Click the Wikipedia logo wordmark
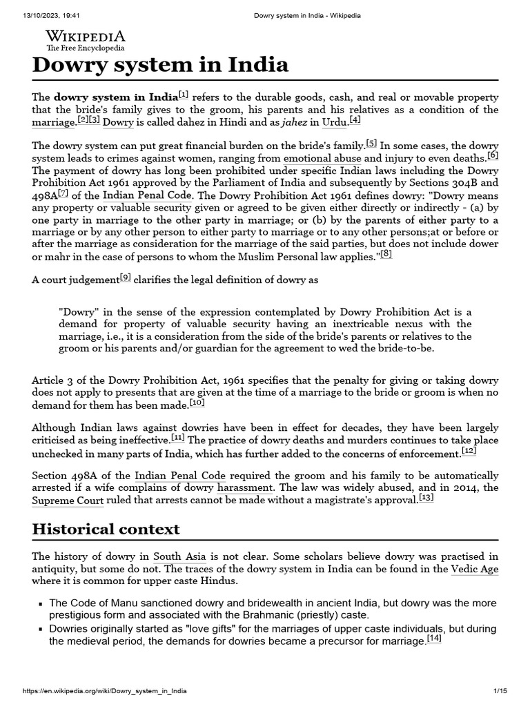click(86, 37)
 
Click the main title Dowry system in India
click(160, 65)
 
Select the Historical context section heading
click(106, 529)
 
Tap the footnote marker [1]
click(183, 95)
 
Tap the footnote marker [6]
click(492, 155)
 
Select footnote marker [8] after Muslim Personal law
click(385, 254)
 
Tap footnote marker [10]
click(197, 402)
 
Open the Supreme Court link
click(68, 501)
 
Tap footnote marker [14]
click(434, 639)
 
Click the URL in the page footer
click(105, 691)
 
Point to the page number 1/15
click(500, 691)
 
